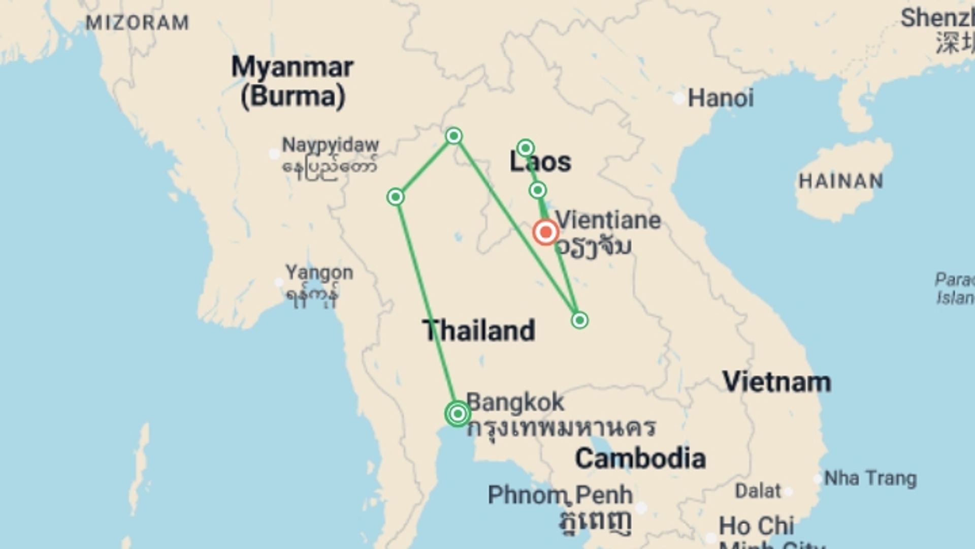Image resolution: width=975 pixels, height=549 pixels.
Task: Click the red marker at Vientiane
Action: coord(546,232)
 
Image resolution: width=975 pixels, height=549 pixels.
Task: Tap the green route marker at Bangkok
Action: coord(458,414)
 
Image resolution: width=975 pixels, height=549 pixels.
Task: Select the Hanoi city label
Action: coord(720,98)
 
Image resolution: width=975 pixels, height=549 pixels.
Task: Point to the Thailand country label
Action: coord(478,330)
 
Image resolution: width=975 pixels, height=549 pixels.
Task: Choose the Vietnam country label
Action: coord(776,382)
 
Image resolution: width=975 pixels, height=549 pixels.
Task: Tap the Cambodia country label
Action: coord(640,459)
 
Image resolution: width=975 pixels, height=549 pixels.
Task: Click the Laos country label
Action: coord(540,162)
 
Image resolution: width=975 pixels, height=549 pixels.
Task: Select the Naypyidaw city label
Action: coord(330,145)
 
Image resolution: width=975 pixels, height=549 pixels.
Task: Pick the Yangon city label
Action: coord(319,272)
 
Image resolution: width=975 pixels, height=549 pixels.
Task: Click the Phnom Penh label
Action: coord(560,495)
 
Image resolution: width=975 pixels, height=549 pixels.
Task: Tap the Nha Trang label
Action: coord(870,478)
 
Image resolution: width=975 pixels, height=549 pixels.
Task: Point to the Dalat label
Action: coord(758,491)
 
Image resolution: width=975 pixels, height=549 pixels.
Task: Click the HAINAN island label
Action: coord(841,181)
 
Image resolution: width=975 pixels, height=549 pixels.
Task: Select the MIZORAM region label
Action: coord(137,23)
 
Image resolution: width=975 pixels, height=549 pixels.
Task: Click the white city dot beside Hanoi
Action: coord(678,99)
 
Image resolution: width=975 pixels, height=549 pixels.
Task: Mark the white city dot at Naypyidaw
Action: coord(274,153)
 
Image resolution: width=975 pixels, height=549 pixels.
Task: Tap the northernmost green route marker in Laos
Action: coord(525,148)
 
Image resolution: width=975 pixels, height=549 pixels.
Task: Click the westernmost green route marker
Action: coord(396,197)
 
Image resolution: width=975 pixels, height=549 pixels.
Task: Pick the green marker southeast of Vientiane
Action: coord(579,320)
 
